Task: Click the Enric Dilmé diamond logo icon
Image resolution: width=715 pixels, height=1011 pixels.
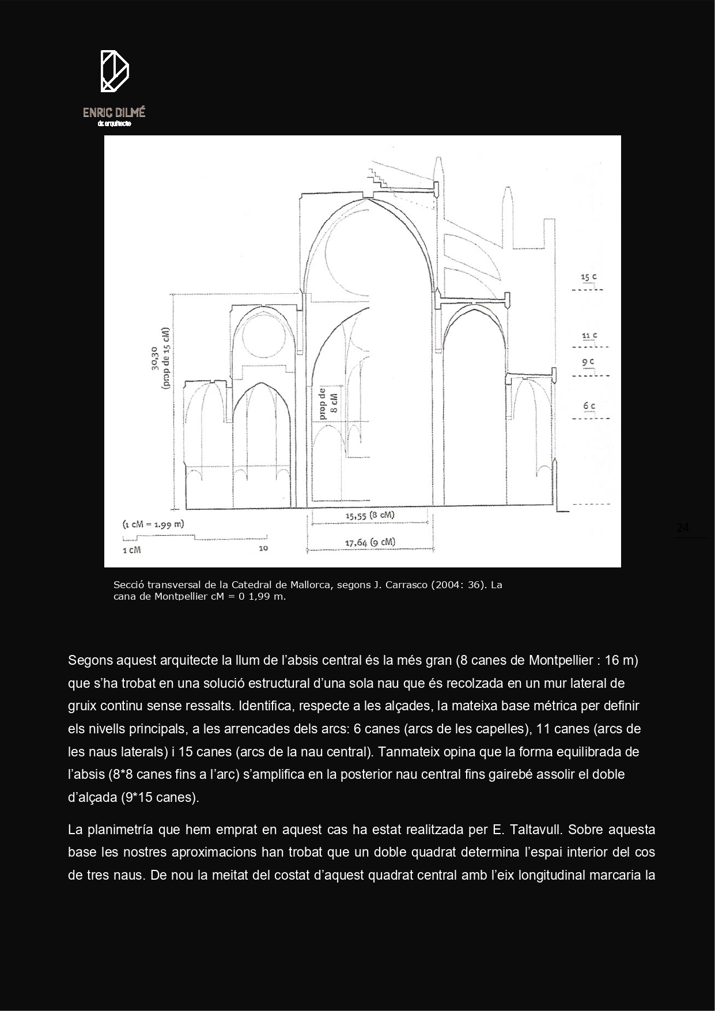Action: tap(114, 71)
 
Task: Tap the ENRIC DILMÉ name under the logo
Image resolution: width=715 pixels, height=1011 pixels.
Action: tap(114, 112)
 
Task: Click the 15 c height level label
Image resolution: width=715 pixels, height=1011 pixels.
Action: tap(588, 278)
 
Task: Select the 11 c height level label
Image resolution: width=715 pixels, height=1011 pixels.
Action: tap(589, 335)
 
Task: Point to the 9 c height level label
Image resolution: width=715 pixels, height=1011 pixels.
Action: tap(588, 362)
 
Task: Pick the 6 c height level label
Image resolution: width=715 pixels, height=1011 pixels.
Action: tap(589, 406)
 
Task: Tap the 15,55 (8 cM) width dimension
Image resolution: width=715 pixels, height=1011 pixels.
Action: tap(370, 516)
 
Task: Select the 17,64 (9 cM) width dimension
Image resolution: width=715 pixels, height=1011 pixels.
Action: tap(370, 542)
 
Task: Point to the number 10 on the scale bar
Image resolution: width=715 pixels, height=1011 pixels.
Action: tap(263, 548)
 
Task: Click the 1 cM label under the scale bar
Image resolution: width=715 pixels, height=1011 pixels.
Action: tap(131, 550)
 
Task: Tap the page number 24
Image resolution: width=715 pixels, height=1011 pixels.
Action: tap(683, 528)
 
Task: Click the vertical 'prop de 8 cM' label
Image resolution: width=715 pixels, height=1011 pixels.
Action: tap(328, 403)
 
